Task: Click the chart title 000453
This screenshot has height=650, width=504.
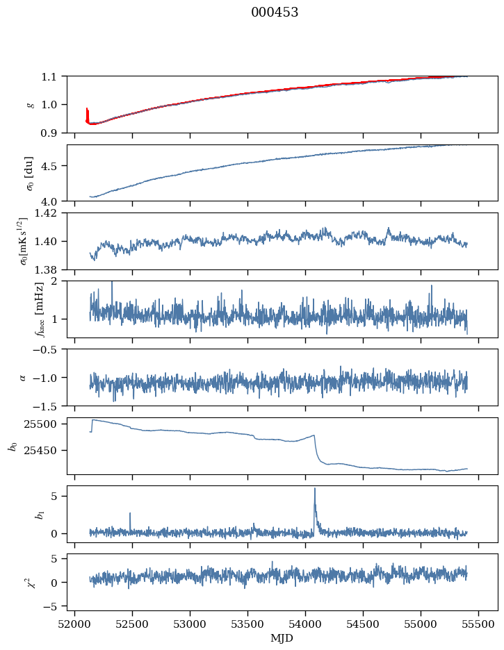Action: pos(275,12)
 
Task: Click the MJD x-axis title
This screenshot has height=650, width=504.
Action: pos(282,638)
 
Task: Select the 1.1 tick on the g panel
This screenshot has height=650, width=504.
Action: pos(55,76)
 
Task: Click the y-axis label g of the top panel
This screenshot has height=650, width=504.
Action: pos(30,104)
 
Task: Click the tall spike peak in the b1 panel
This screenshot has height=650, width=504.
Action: pos(315,489)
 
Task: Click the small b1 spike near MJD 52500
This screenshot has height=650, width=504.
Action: pos(130,514)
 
